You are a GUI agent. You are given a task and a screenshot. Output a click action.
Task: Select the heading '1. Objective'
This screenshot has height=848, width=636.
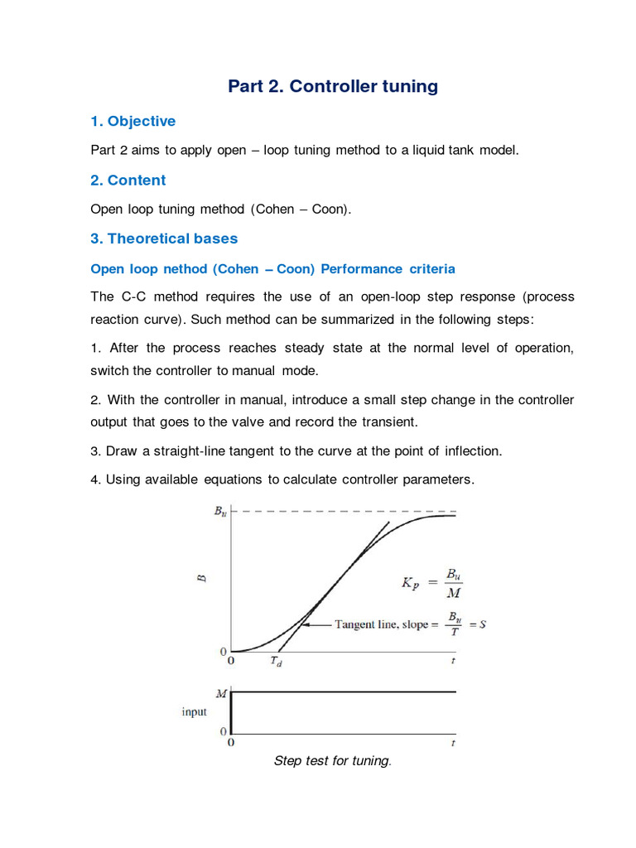click(132, 122)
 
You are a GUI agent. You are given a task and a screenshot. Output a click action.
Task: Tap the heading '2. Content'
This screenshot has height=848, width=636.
click(128, 181)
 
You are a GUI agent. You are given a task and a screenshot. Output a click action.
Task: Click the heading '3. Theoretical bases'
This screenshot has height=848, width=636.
click(164, 238)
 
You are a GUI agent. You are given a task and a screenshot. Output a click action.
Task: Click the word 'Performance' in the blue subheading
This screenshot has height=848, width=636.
click(361, 269)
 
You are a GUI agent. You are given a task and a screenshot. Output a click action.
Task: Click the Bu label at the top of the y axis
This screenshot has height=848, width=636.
click(219, 512)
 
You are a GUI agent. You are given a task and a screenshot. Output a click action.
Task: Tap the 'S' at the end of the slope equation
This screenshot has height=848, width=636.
click(482, 624)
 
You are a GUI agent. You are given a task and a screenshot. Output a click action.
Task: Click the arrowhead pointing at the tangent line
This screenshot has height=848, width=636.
click(304, 624)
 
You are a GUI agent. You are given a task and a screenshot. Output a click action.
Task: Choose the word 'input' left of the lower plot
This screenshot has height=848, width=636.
click(194, 712)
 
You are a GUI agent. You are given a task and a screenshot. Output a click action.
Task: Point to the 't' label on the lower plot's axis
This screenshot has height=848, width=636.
click(453, 743)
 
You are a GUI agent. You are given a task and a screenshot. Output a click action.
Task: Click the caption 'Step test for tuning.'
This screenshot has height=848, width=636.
click(331, 761)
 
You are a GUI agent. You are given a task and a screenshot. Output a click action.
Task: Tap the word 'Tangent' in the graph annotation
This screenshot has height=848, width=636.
click(356, 624)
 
